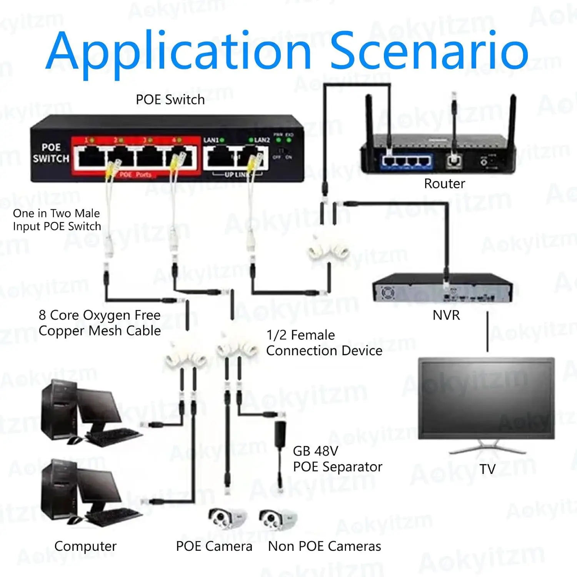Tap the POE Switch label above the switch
pos(170,100)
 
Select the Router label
pos(444,183)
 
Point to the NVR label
pos(446,315)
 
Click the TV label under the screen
pos(487,469)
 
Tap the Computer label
pos(85,546)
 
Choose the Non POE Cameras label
pos(324,546)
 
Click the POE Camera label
pos(214,546)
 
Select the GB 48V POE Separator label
pos(337,459)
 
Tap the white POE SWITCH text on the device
pos(51,153)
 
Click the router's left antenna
pos(370,115)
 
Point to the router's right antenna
pos(512,115)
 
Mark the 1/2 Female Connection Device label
pos(324,343)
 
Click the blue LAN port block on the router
pos(407,160)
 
